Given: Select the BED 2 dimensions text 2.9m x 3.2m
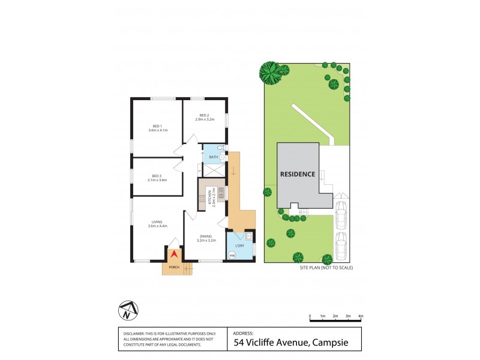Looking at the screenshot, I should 205,119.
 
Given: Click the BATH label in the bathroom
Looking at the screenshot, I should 213,157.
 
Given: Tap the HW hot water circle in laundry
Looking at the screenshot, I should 232,256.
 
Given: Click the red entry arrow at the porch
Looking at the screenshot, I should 175,255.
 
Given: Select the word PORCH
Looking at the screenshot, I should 173,266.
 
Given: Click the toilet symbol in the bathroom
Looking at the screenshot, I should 221,147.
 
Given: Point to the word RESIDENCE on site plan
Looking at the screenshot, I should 298,174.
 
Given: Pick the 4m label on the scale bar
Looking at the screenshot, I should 361,316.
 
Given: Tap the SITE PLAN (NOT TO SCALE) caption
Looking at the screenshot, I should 326,268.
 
